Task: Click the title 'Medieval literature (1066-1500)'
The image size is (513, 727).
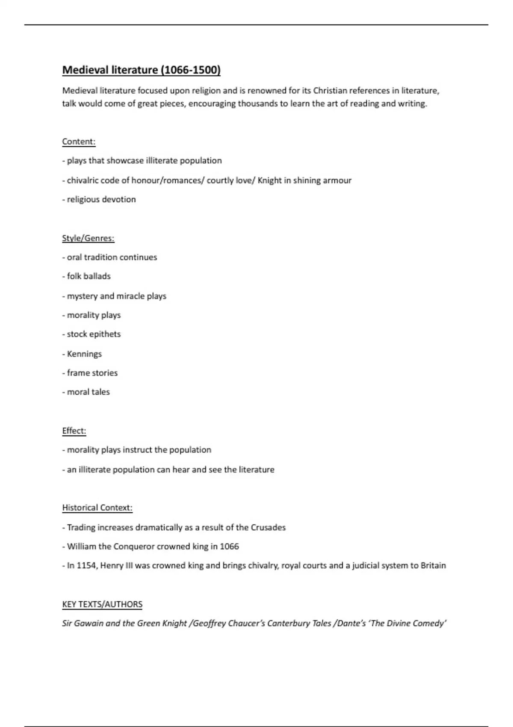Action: [x=141, y=70]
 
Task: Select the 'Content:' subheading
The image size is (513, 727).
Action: [x=79, y=142]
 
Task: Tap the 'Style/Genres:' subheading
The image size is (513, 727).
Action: [x=88, y=238]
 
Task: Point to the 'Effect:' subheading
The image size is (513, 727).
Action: [x=74, y=431]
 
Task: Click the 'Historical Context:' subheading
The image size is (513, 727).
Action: [x=97, y=508]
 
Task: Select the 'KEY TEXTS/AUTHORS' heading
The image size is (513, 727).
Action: [x=102, y=604]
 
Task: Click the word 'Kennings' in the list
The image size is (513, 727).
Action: [x=84, y=354]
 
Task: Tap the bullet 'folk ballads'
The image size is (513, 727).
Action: [x=88, y=276]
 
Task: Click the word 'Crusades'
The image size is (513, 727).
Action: [x=268, y=527]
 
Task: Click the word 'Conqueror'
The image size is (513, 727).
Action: [x=134, y=547]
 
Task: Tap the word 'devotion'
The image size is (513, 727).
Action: [x=118, y=199]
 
